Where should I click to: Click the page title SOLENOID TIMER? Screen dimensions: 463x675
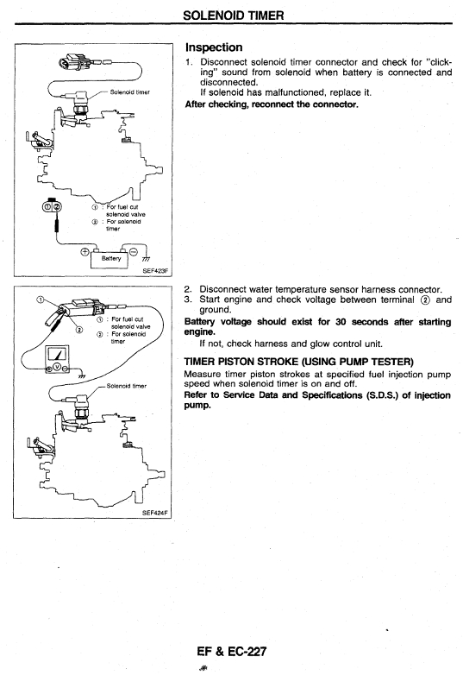coord(234,16)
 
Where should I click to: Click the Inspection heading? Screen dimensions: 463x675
coord(214,47)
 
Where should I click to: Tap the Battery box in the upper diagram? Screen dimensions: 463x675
coord(111,259)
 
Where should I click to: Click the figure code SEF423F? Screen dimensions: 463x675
coord(156,271)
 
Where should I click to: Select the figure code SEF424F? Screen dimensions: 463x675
coord(155,513)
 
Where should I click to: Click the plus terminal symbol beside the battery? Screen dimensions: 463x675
coord(85,251)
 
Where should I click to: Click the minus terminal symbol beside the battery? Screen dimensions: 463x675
coord(134,251)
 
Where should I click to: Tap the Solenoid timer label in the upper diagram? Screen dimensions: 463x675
coord(130,92)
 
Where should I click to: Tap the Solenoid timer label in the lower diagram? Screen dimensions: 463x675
coord(127,386)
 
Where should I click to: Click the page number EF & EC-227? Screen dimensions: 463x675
coord(232,652)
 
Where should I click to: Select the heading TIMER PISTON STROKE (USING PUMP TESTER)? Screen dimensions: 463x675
coord(299,362)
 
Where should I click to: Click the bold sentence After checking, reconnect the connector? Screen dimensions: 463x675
coord(272,104)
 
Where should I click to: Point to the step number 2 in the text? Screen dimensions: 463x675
coord(187,289)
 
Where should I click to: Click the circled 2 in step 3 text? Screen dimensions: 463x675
coord(425,300)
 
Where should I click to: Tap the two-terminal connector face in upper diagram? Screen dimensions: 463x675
coord(52,207)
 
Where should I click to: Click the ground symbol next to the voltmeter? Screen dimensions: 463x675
coord(82,375)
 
